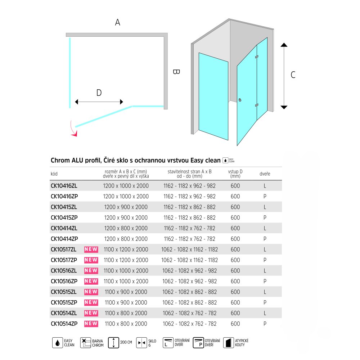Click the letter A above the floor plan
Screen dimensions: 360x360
pyautogui.click(x=117, y=22)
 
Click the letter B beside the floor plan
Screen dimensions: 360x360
pyautogui.click(x=176, y=72)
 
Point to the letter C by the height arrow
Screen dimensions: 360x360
pyautogui.click(x=293, y=75)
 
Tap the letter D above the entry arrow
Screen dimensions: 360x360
pyautogui.click(x=99, y=93)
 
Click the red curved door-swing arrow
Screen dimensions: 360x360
pyautogui.click(x=74, y=130)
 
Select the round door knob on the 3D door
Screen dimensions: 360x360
pyautogui.click(x=240, y=100)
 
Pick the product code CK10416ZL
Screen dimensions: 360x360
pyautogui.click(x=64, y=186)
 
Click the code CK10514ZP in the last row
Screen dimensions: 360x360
pyautogui.click(x=64, y=324)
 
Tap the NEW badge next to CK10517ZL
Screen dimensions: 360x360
pyautogui.click(x=91, y=249)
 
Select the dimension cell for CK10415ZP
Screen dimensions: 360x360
pyautogui.click(x=126, y=217)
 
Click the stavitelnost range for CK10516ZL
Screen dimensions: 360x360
pyautogui.click(x=189, y=271)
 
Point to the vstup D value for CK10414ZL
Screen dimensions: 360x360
pyautogui.click(x=235, y=228)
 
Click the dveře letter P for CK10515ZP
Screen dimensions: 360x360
pyautogui.click(x=265, y=302)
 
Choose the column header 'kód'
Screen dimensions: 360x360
pyautogui.click(x=54, y=174)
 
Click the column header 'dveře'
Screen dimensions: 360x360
pyautogui.click(x=265, y=174)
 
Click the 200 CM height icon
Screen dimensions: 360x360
pyautogui.click(x=114, y=343)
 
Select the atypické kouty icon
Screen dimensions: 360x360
pyautogui.click(x=227, y=343)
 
